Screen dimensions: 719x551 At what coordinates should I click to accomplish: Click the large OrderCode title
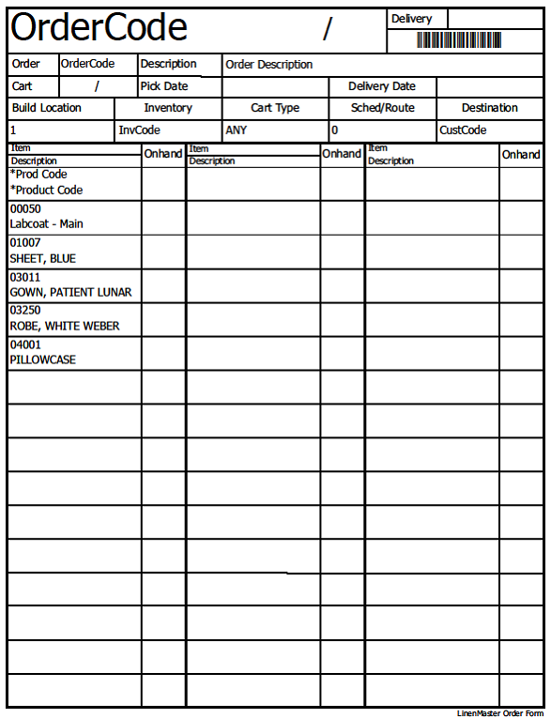pos(99,29)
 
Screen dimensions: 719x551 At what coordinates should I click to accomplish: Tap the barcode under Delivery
pos(458,40)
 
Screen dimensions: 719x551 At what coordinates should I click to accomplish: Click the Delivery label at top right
pos(411,19)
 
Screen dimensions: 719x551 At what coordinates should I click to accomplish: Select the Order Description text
pos(269,65)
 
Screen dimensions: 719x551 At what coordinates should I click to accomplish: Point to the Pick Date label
pos(164,86)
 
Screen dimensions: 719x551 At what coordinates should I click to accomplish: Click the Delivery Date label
pos(381,86)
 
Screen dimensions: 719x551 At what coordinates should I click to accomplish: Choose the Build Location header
pos(47,108)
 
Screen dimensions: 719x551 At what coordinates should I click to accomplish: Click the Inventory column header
pos(167,108)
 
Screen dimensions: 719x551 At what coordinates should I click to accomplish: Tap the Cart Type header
pos(275,108)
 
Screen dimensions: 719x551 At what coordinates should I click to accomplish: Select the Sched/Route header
pos(382,108)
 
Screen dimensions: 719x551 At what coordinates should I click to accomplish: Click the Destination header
pos(489,108)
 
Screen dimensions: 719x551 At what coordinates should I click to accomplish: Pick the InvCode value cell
pos(139,130)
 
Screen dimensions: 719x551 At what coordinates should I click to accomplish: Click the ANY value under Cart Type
pos(237,130)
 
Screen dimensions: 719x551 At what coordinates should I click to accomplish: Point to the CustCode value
pos(463,130)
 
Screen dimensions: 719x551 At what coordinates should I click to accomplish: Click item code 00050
pos(25,209)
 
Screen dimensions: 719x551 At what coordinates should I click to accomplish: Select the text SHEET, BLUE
pos(43,258)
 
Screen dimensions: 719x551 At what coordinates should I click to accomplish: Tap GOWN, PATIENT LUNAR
pos(70,292)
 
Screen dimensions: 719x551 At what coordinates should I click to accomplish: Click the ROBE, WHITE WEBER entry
pos(65,326)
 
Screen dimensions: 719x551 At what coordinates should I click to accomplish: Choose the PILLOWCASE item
pos(43,359)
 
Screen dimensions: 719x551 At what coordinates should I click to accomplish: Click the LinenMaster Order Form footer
pos(499,713)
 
